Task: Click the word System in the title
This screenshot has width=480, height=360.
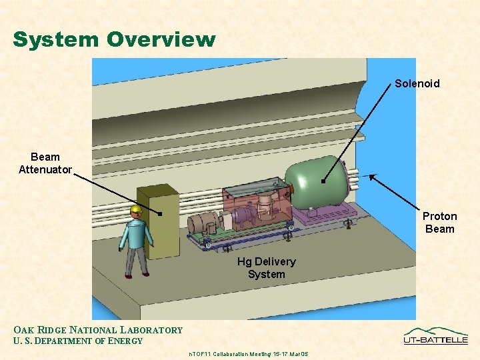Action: pyautogui.click(x=54, y=40)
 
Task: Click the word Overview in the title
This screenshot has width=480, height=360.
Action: pyautogui.click(x=159, y=40)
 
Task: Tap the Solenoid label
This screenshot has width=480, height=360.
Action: pyautogui.click(x=417, y=83)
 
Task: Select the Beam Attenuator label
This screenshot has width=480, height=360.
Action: pyautogui.click(x=45, y=163)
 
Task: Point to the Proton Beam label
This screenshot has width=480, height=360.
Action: pyautogui.click(x=439, y=223)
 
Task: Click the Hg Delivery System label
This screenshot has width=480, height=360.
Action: pyautogui.click(x=266, y=268)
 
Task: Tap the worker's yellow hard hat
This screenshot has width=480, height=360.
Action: pyautogui.click(x=137, y=211)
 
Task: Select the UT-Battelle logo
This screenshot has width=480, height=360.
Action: pyautogui.click(x=435, y=335)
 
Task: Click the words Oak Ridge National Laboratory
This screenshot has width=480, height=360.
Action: pyautogui.click(x=98, y=330)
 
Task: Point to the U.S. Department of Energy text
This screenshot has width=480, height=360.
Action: pyautogui.click(x=78, y=341)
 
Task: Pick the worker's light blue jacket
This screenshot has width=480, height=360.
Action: pyautogui.click(x=135, y=233)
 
